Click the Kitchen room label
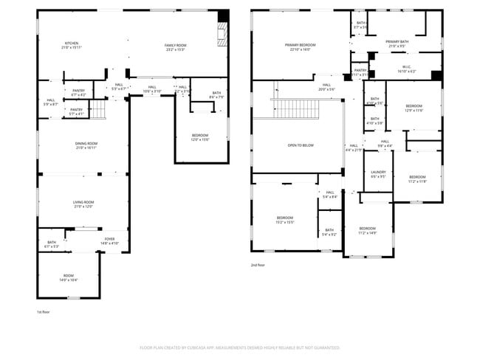[x=71, y=45]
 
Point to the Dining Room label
[x=86, y=145]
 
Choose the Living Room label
[x=82, y=204]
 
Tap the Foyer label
[x=109, y=240]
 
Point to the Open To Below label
[x=301, y=145]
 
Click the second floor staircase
[x=295, y=109]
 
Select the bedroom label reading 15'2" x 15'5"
[x=285, y=219]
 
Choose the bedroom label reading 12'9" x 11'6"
[x=414, y=108]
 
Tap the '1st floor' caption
[x=44, y=312]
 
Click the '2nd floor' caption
[x=258, y=265]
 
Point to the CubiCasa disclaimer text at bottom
[x=239, y=347]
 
